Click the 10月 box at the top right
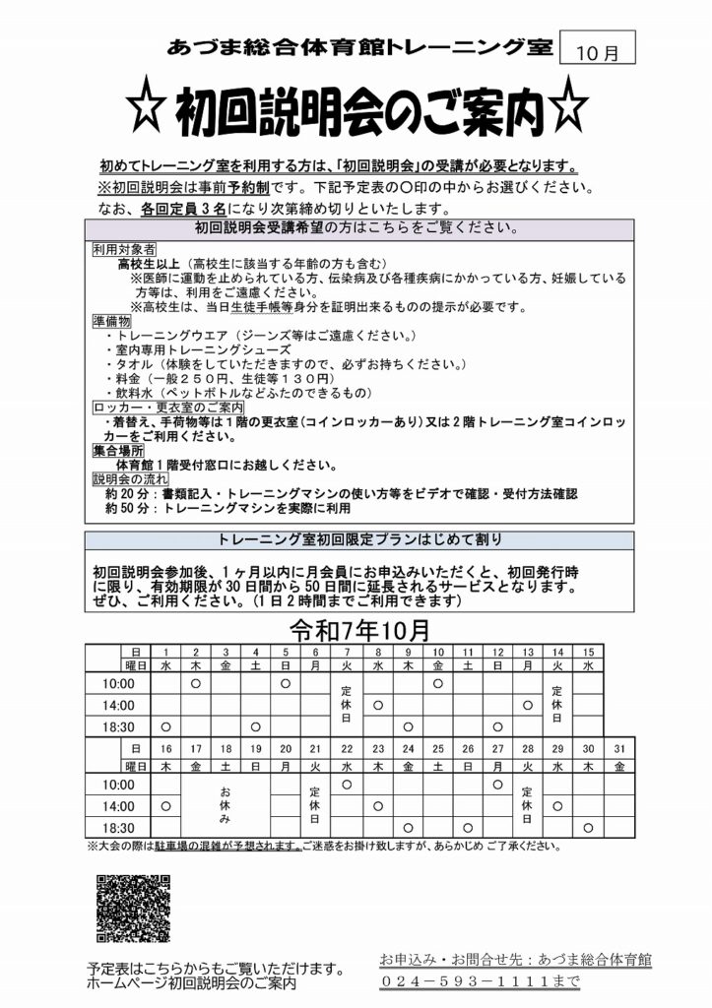(597, 53)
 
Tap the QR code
(134, 909)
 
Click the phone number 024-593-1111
(480, 981)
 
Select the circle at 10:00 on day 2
(196, 682)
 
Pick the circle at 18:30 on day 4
(256, 727)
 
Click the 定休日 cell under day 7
(346, 705)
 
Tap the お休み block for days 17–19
(226, 805)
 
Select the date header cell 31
(618, 749)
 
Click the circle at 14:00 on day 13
(528, 705)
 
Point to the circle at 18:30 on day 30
(588, 827)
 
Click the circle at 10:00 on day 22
(347, 784)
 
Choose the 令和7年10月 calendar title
(357, 629)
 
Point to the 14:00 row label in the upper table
(117, 705)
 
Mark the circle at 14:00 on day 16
(165, 805)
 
